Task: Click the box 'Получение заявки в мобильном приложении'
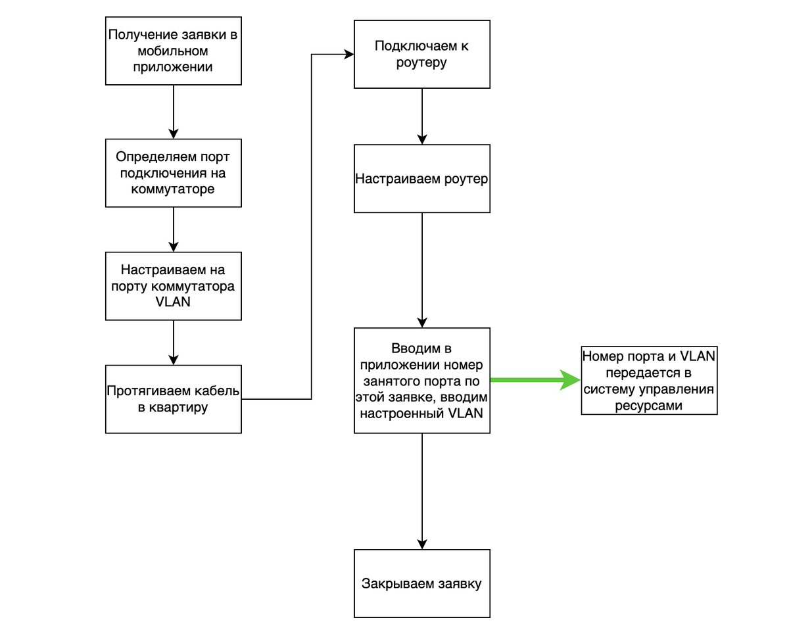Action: tap(174, 51)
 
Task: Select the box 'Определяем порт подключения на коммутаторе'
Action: tap(174, 173)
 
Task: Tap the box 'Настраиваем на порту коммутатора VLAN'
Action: tap(174, 286)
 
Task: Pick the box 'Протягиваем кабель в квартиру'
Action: tap(174, 399)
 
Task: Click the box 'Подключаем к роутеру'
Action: tap(422, 55)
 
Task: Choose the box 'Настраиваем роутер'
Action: tap(422, 179)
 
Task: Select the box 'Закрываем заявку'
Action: tap(422, 583)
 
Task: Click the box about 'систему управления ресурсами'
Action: tap(650, 381)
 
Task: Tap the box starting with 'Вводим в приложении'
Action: tap(422, 381)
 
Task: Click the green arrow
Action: tap(536, 380)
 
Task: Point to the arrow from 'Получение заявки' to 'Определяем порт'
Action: tap(174, 112)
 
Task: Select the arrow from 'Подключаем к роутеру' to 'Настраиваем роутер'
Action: tap(422, 116)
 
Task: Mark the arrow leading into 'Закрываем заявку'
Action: tap(422, 491)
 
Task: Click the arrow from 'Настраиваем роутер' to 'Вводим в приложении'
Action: tap(422, 270)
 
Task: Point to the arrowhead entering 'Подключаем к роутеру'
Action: tap(348, 55)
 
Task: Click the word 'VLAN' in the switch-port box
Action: tap(173, 302)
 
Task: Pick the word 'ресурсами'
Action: tap(648, 406)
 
